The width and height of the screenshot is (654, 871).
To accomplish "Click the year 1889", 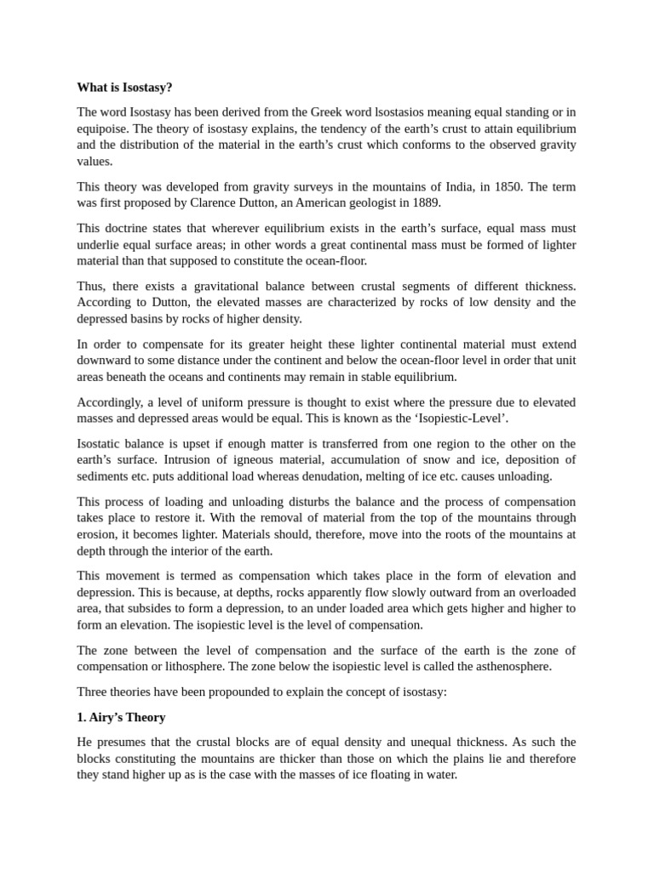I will [422, 202].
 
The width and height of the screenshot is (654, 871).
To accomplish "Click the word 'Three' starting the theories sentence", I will [93, 692].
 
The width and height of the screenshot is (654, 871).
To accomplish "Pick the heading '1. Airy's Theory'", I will [121, 717].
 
